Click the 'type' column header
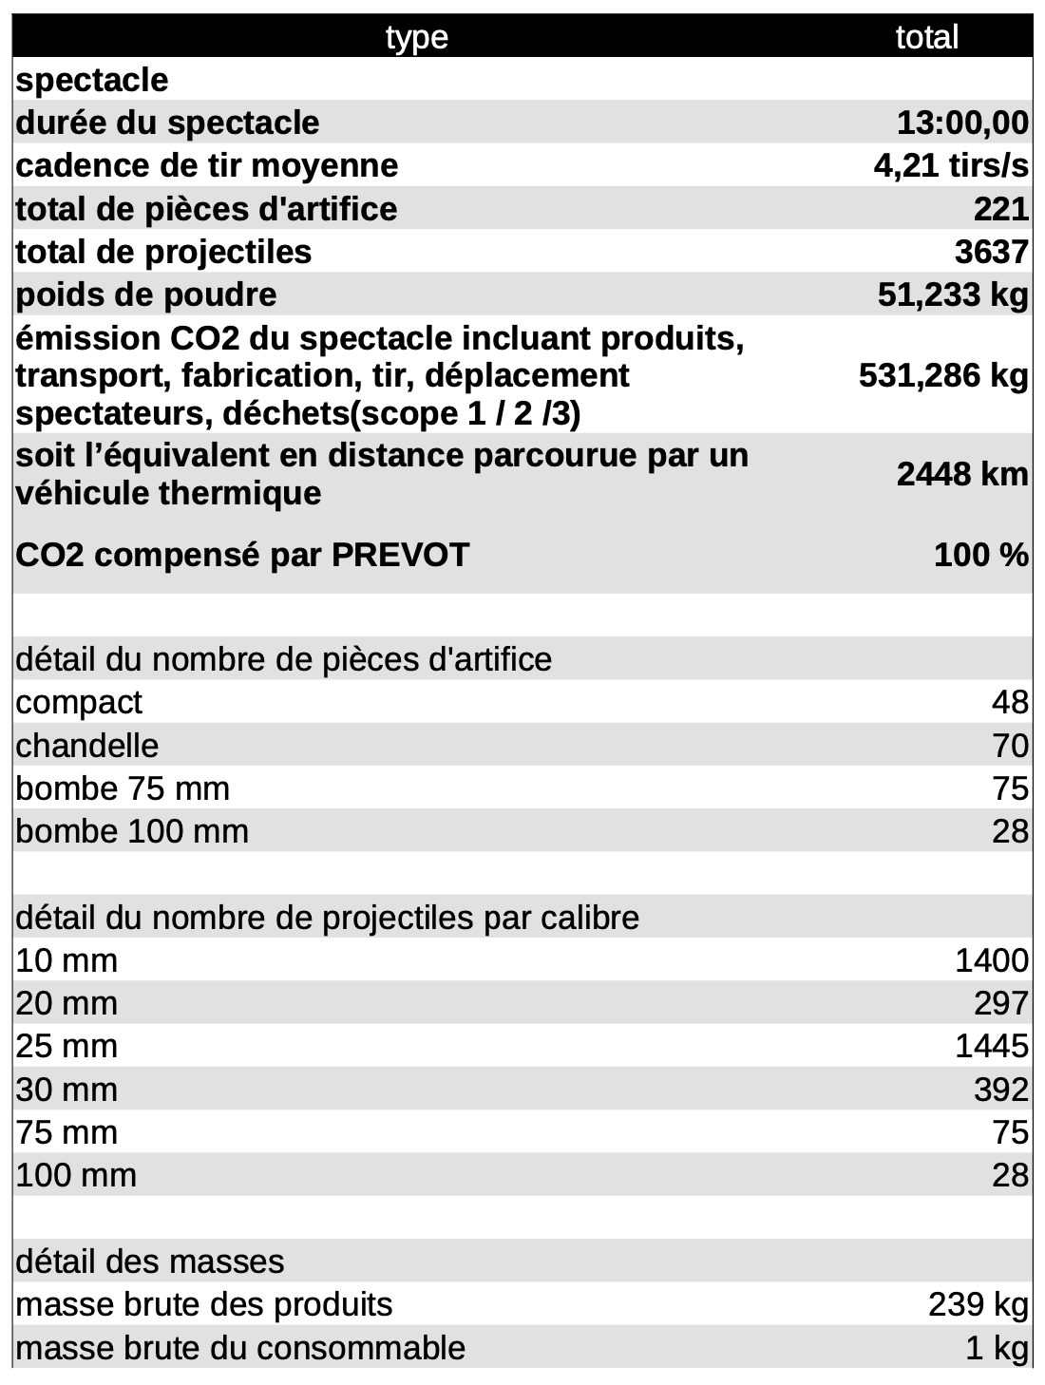[417, 37]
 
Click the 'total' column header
[926, 37]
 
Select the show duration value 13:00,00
[962, 123]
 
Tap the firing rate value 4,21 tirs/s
[951, 165]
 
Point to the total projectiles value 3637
[991, 252]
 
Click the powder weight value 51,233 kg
[953, 294]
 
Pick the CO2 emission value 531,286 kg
[943, 375]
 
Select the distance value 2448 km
[962, 474]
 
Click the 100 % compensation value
[981, 555]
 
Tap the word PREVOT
[400, 555]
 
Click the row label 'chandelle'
[87, 746]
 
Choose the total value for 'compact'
[1010, 702]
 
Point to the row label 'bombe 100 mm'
[132, 831]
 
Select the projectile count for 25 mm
[991, 1046]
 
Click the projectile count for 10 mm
[991, 960]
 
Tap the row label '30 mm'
[66, 1090]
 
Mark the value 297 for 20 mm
[1000, 1003]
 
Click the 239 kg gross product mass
[978, 1304]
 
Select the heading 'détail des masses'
[150, 1262]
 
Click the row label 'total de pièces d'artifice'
[206, 209]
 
